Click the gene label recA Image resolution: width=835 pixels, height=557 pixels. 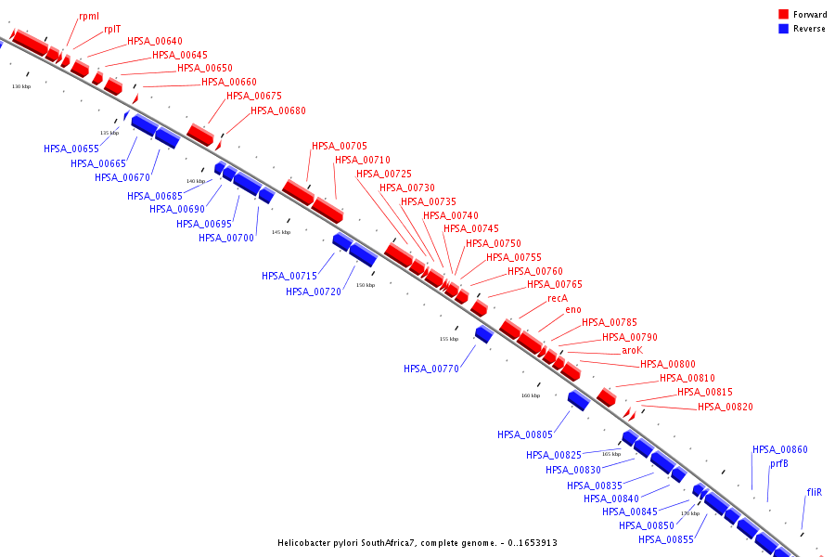[x=557, y=299]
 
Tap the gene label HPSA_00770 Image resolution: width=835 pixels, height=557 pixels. [x=431, y=369]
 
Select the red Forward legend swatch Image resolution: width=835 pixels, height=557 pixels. [x=784, y=15]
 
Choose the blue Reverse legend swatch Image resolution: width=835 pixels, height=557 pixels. [x=784, y=29]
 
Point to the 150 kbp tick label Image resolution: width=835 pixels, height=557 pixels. [x=366, y=285]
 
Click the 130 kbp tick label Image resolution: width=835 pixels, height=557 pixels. [x=21, y=86]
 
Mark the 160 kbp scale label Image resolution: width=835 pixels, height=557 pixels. [x=530, y=395]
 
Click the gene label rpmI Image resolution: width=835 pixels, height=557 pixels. [x=89, y=16]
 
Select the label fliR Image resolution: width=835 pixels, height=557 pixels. [x=815, y=492]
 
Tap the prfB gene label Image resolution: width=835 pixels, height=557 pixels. [x=779, y=464]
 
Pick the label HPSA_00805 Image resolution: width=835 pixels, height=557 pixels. [x=525, y=434]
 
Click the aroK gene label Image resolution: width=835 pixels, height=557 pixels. [x=632, y=351]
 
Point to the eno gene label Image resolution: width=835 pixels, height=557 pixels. [x=573, y=310]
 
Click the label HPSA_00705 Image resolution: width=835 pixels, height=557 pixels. [x=340, y=146]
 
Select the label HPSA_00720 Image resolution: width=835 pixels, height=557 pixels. [x=314, y=291]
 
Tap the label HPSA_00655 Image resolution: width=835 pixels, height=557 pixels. [x=71, y=149]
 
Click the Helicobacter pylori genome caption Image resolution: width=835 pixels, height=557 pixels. [x=417, y=542]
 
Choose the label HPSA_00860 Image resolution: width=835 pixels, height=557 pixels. [x=780, y=450]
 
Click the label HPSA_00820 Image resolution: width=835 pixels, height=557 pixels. [x=726, y=407]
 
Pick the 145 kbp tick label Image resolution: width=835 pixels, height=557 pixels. [x=280, y=232]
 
